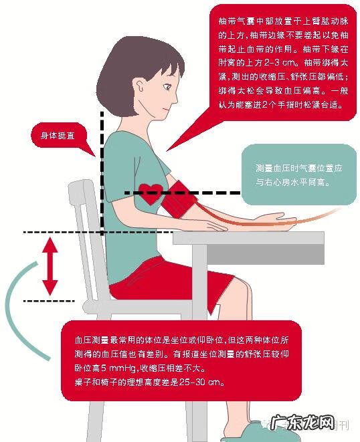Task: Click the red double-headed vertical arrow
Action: click(x=50, y=267)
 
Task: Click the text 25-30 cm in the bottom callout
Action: click(x=203, y=382)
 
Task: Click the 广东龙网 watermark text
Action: click(x=308, y=423)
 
